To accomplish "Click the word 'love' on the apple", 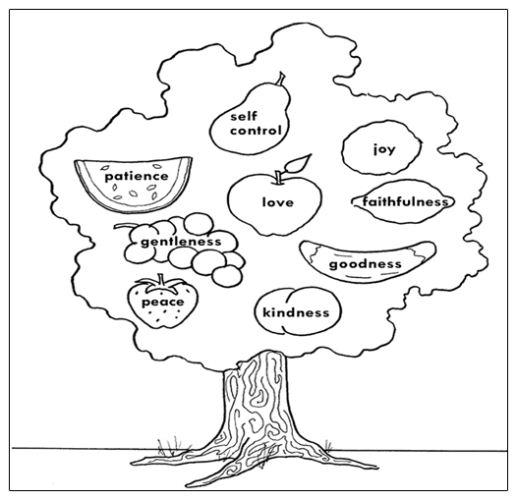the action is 277,202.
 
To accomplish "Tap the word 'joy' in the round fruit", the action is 384,149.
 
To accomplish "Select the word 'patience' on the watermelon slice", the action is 137,176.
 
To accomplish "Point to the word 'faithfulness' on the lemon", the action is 405,201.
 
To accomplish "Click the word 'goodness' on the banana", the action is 366,264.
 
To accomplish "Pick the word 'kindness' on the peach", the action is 296,312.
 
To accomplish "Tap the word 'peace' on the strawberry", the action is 162,303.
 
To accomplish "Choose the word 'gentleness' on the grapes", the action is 181,243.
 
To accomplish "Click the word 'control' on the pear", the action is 256,131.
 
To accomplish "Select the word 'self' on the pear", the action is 244,116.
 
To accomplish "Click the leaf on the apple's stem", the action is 298,163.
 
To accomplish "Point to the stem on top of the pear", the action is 281,80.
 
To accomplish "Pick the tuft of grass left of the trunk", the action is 169,448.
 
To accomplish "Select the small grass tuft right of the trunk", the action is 327,445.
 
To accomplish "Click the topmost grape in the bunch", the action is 199,224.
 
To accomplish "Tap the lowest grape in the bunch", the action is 226,276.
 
